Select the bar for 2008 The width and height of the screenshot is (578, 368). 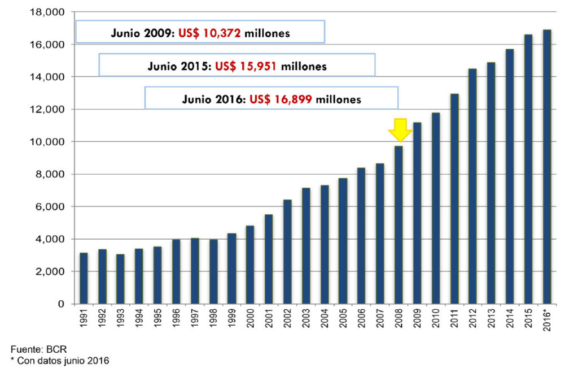[399, 225]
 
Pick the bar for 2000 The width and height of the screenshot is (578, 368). [250, 265]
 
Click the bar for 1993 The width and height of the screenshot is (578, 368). [121, 279]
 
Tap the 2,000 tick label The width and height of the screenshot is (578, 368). [51, 272]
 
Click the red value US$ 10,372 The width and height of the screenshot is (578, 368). [209, 33]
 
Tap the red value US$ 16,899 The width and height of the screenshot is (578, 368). [281, 99]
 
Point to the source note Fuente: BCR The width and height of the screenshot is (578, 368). [34, 349]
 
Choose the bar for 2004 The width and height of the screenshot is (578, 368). [324, 244]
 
